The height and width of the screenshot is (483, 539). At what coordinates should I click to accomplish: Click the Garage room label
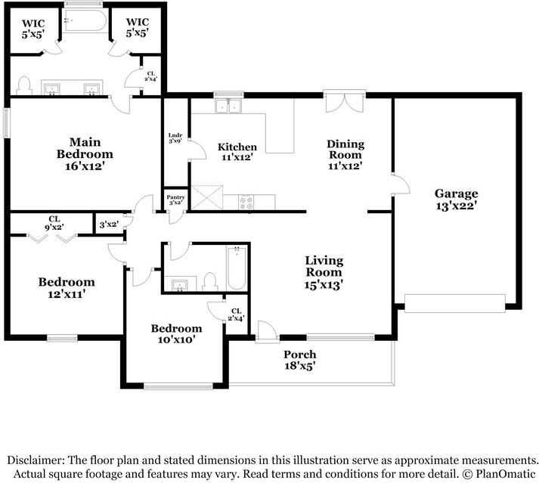tap(456, 200)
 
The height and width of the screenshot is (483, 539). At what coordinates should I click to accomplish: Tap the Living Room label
tap(324, 273)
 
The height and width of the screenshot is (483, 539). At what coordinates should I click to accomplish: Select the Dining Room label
tap(345, 155)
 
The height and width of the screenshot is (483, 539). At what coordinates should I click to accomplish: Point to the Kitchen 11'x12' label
tap(237, 152)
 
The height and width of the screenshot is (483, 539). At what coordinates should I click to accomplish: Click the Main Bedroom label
tap(85, 154)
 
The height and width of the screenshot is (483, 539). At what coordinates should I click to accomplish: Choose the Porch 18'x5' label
tap(300, 360)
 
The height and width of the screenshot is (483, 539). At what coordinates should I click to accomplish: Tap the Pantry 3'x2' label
tap(175, 200)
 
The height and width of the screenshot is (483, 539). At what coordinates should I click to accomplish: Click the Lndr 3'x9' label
tap(175, 138)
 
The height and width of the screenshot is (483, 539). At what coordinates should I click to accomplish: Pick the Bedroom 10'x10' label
tap(176, 334)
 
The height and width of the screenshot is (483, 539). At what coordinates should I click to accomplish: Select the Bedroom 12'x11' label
tap(67, 288)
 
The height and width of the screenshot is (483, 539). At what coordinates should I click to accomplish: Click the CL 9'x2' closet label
tap(54, 223)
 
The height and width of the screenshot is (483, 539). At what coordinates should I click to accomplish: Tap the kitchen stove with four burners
tap(246, 202)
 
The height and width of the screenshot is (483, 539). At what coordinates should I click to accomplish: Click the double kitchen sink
tap(228, 106)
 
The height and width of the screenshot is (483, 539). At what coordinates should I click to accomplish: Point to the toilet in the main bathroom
tap(24, 85)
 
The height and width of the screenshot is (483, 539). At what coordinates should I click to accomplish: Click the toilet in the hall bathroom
tap(209, 282)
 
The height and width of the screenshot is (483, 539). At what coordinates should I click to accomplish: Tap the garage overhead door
tap(455, 303)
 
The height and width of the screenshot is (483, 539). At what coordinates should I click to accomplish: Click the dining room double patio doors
tap(345, 101)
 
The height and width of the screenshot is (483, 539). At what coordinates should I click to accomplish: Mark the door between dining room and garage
tap(401, 184)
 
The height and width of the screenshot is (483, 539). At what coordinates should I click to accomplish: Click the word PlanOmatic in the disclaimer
tap(505, 475)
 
